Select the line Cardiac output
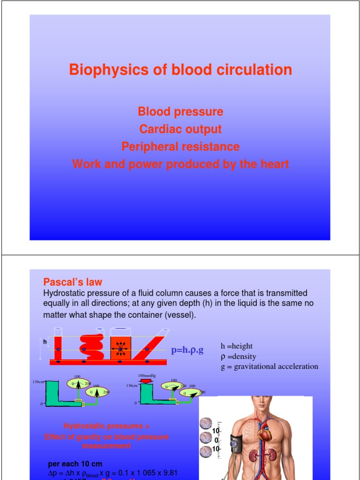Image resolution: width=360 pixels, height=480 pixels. tap(180, 129)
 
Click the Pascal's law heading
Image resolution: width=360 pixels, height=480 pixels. tap(73, 282)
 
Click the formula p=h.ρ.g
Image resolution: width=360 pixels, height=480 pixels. tap(187, 350)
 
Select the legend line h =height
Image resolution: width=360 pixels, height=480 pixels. tap(237, 346)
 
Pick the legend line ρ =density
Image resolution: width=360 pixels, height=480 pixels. tap(239, 357)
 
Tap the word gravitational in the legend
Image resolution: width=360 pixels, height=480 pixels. tap(255, 367)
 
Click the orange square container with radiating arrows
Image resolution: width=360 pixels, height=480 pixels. tap(120, 350)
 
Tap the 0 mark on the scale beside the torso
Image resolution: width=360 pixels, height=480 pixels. tap(216, 440)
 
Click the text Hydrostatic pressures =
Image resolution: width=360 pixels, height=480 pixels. tap(106, 426)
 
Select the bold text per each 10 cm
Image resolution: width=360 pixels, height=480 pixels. tap(75, 464)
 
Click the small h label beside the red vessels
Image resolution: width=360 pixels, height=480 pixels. tap(45, 342)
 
